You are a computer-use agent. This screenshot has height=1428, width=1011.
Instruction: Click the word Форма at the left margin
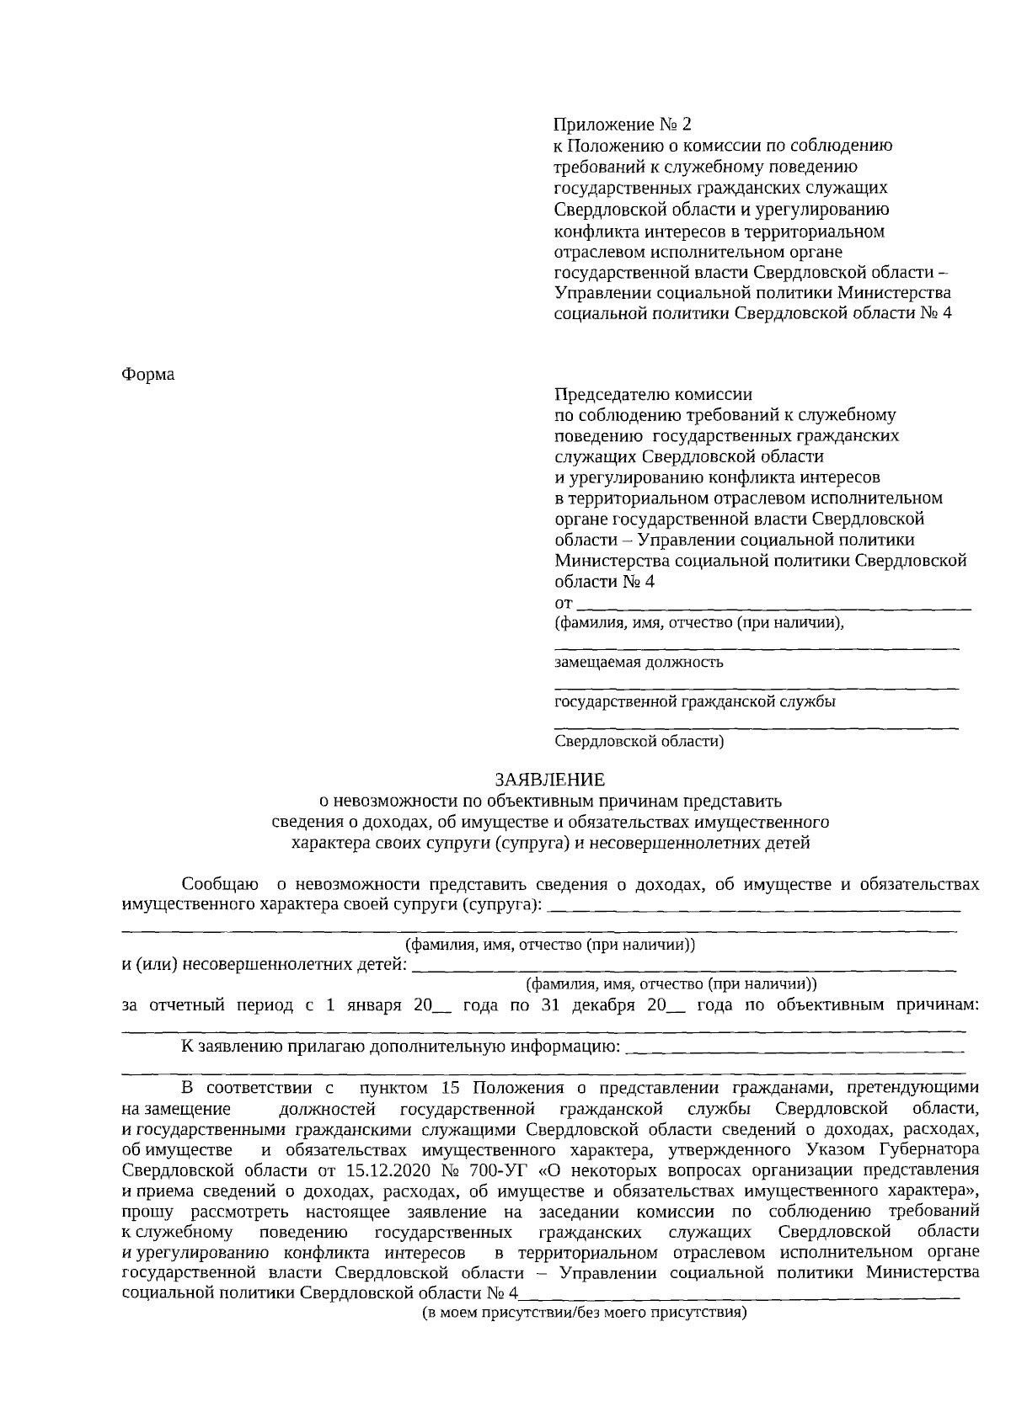click(148, 374)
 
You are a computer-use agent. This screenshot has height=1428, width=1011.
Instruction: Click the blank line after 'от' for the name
click(775, 605)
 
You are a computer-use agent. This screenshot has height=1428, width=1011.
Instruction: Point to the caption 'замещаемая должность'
click(639, 662)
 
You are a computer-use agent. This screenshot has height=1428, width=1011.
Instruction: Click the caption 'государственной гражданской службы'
click(695, 701)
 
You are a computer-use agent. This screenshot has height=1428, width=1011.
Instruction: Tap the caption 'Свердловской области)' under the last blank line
click(639, 742)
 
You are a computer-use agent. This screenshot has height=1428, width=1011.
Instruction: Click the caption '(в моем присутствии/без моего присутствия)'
click(585, 1313)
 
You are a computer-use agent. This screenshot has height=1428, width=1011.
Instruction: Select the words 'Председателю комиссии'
click(653, 394)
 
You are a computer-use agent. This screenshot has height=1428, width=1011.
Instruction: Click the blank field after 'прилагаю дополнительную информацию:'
click(795, 1049)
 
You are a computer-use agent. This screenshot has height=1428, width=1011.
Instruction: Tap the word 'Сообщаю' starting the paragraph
click(220, 885)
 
